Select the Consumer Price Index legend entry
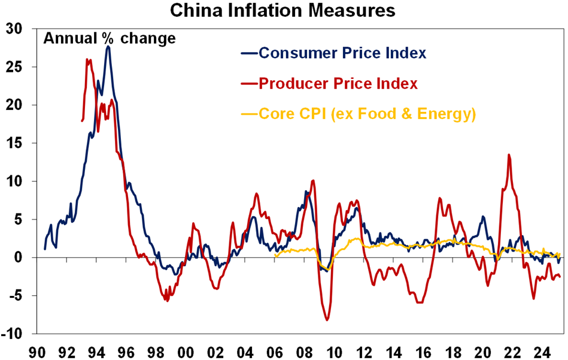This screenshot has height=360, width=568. tap(342, 53)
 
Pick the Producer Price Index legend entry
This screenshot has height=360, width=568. tap(338, 84)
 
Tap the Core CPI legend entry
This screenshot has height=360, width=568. tap(366, 114)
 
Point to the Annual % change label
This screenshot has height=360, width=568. tap(109, 39)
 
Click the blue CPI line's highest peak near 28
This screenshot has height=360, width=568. tap(108, 46)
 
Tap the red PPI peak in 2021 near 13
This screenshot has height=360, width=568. tap(509, 155)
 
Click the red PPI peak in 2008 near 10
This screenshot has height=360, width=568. tap(313, 181)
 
